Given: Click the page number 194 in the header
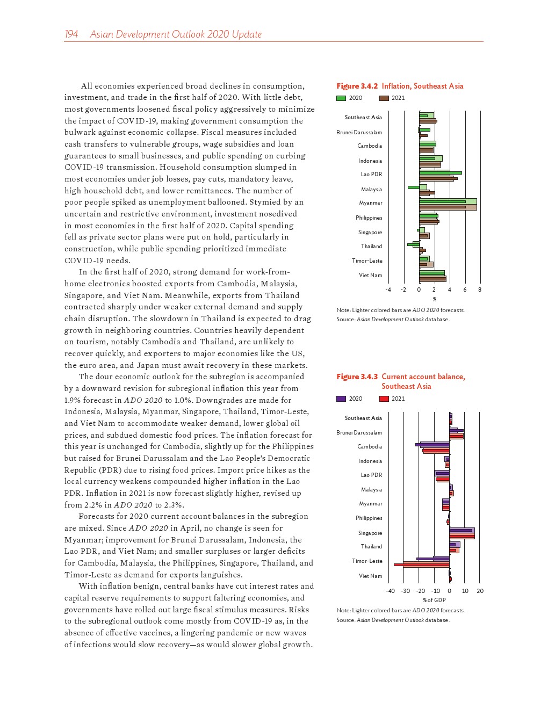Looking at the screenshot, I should (x=71, y=34).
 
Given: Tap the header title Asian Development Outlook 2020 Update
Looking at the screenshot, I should (x=176, y=34).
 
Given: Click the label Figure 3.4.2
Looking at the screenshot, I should (x=357, y=86).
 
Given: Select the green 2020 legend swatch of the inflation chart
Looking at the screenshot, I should (x=341, y=98).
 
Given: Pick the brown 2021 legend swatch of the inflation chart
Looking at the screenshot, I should (x=384, y=98).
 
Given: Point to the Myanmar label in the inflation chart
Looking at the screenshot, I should (x=371, y=203).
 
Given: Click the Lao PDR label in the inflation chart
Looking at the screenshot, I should (x=371, y=175).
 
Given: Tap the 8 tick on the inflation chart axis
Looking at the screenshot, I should (x=480, y=290).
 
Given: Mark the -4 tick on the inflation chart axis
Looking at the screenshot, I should (x=388, y=290).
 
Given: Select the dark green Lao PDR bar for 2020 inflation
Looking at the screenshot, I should (x=440, y=173).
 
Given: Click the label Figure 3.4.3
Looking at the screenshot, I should (x=357, y=377).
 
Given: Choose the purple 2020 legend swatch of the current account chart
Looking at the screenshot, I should (x=341, y=399).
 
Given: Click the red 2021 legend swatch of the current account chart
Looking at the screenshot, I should (x=384, y=399).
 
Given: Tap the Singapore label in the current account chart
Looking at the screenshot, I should (x=370, y=533).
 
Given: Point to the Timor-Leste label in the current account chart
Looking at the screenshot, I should (x=367, y=561).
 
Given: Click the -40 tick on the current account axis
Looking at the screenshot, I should (x=390, y=591).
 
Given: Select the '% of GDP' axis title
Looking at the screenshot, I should (x=434, y=600).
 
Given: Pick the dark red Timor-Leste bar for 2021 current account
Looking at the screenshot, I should (x=421, y=565).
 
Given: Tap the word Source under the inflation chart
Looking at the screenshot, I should (x=345, y=320).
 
